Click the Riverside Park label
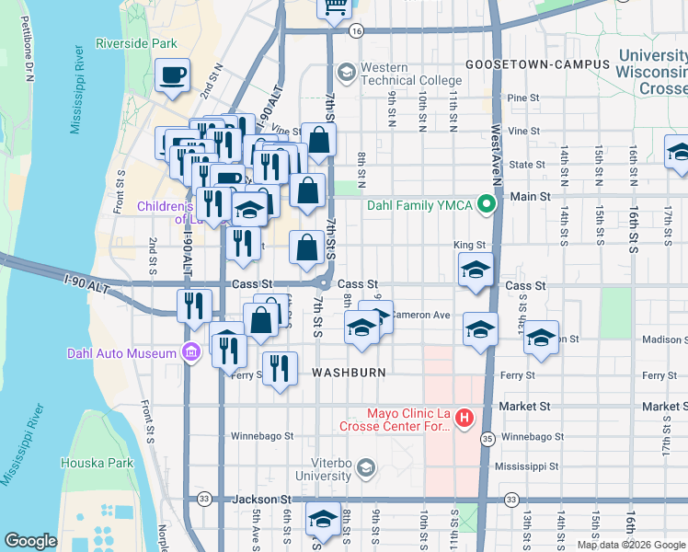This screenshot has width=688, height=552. pyautogui.click(x=135, y=43)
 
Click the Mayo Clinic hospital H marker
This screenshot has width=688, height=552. pyautogui.click(x=464, y=420)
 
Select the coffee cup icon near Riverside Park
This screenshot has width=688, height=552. pyautogui.click(x=172, y=75)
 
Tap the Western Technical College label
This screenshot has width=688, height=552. pyautogui.click(x=411, y=75)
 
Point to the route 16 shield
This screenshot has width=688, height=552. pyautogui.click(x=357, y=30)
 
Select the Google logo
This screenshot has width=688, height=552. pyautogui.click(x=30, y=541)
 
